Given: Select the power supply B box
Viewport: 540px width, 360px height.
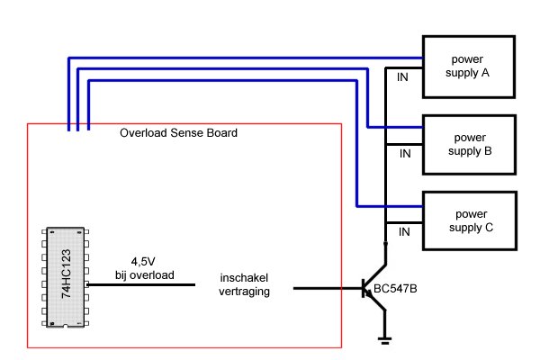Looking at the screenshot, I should (x=469, y=143).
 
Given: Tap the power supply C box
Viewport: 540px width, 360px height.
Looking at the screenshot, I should (x=469, y=221).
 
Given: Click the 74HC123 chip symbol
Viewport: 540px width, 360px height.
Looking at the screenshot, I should (x=66, y=280).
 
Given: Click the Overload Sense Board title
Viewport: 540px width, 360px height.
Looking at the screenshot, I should (x=178, y=133).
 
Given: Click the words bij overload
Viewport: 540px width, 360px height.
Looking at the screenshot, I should (x=144, y=274).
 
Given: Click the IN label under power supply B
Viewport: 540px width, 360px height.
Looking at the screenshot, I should (x=404, y=155).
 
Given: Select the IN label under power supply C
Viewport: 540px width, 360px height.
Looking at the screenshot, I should (x=404, y=232).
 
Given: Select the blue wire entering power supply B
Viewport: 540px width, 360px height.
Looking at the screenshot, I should (x=396, y=125).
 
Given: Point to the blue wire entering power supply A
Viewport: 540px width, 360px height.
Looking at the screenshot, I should (x=270, y=57).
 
